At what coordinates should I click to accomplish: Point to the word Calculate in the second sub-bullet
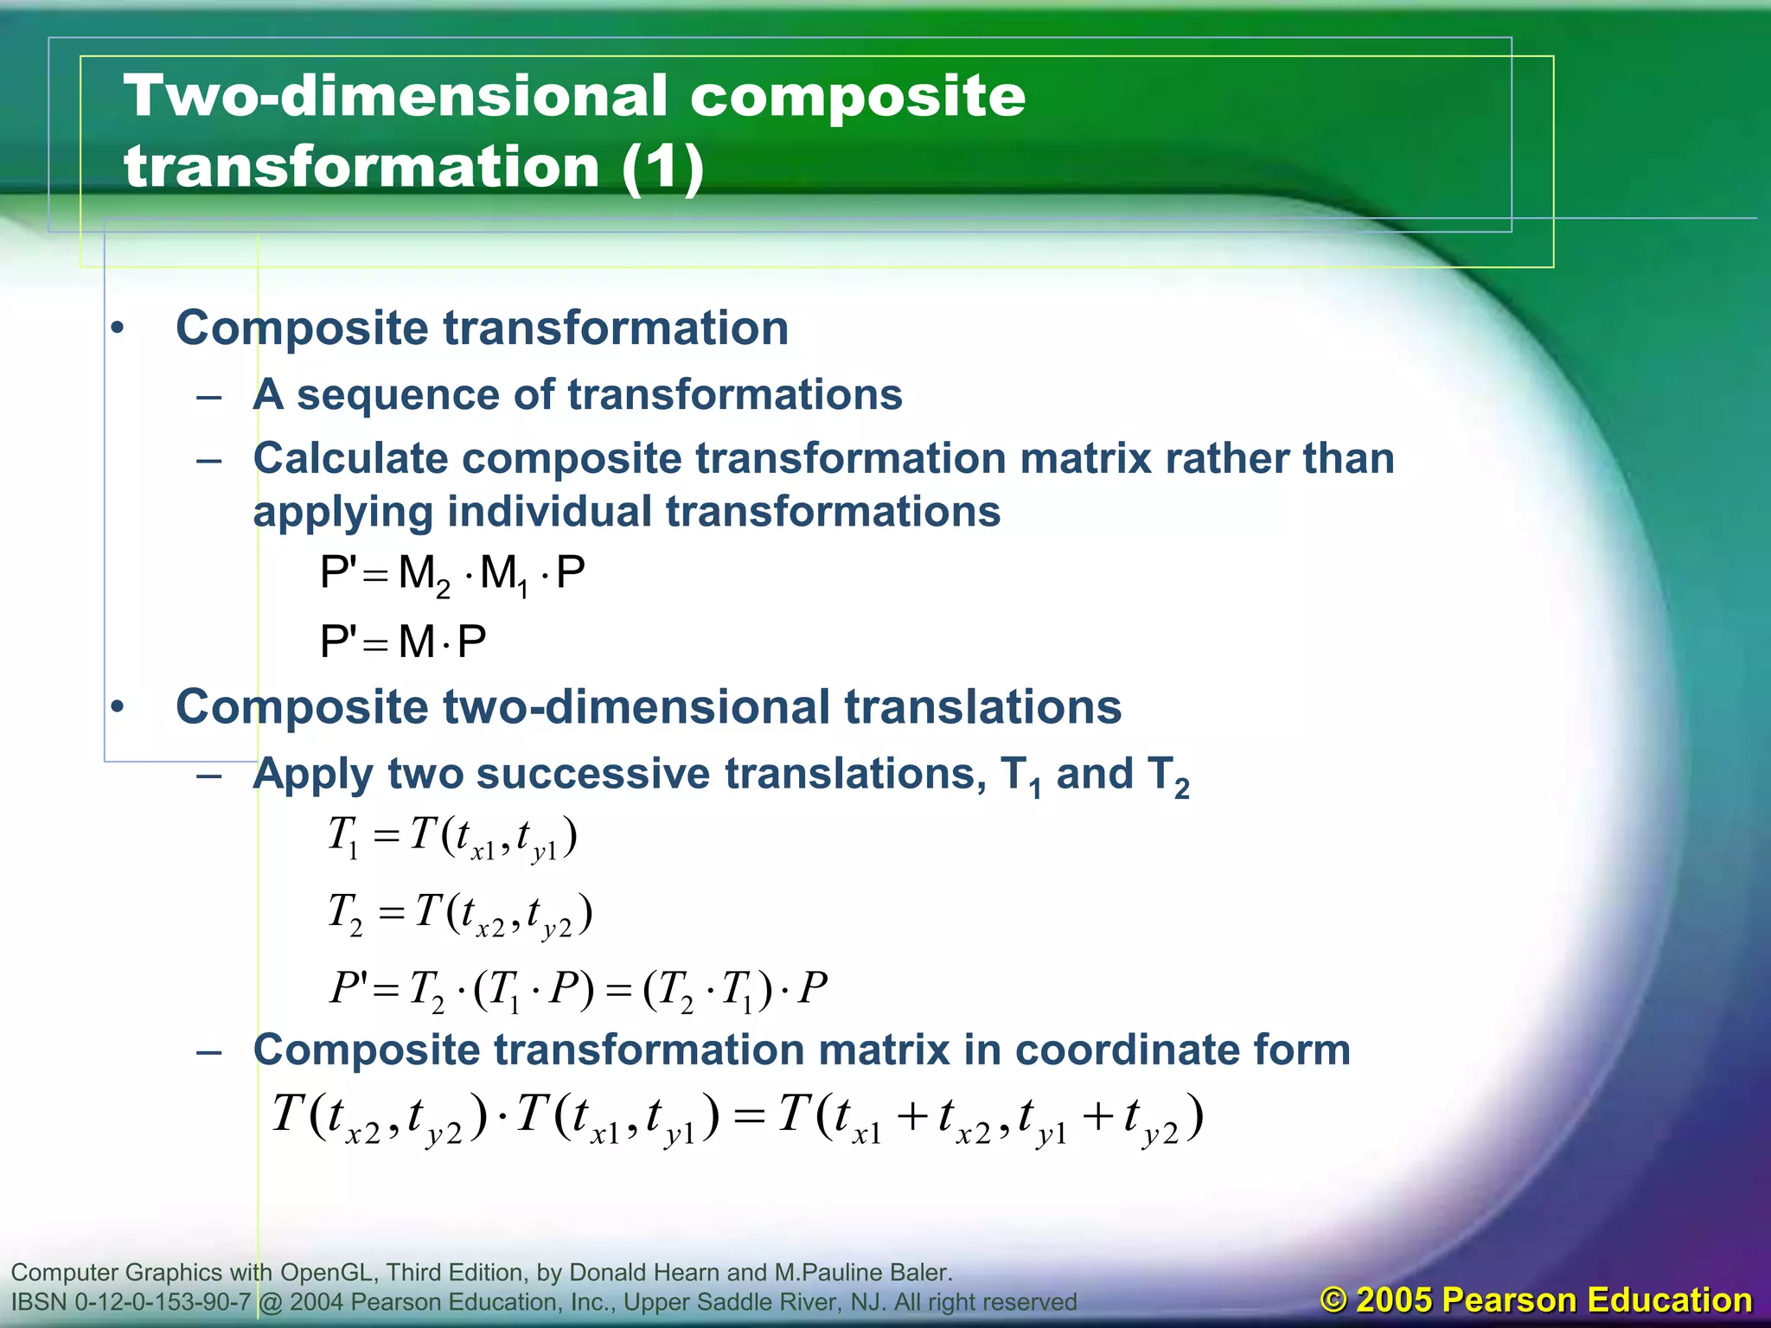(x=350, y=458)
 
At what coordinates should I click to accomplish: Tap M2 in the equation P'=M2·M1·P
(x=424, y=574)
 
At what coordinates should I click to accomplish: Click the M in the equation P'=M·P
(x=416, y=642)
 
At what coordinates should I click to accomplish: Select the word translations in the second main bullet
(x=983, y=707)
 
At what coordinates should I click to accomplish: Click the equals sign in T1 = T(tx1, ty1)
(x=386, y=836)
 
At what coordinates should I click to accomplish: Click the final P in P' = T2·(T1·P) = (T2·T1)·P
(x=813, y=988)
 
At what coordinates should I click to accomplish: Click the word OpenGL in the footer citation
(x=329, y=1273)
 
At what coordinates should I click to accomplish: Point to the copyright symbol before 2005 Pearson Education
(x=1334, y=1300)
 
